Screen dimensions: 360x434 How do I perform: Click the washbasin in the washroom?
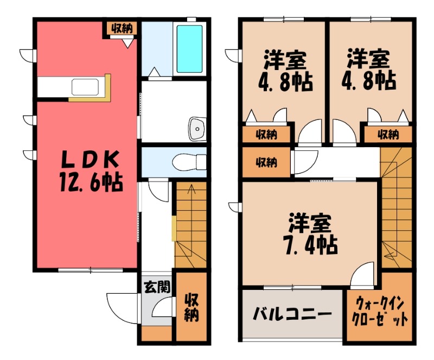[x=196, y=129]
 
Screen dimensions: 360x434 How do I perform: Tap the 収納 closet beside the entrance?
[x=190, y=307]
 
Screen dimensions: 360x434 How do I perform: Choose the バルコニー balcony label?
[x=292, y=314]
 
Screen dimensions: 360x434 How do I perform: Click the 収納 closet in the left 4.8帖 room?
[x=265, y=134]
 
